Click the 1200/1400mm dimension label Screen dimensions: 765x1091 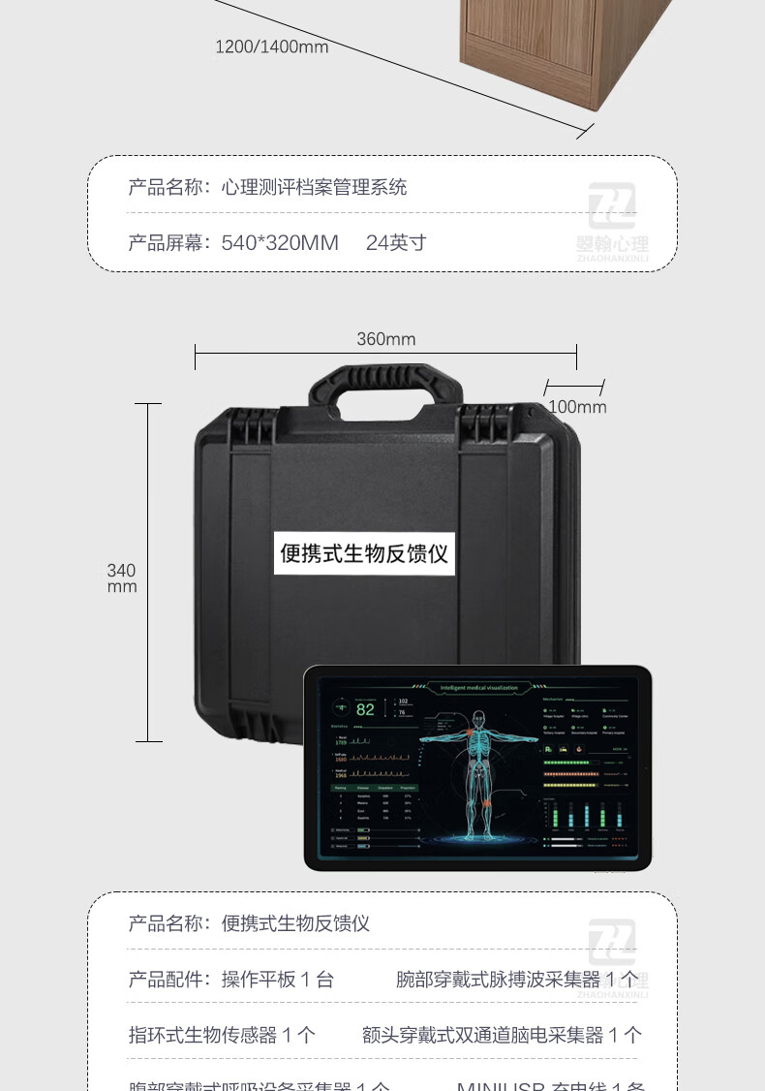click(x=271, y=47)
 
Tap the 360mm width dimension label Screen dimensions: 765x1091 click(x=385, y=339)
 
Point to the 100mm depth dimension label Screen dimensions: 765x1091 click(x=577, y=407)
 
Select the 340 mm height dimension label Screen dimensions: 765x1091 click(x=122, y=578)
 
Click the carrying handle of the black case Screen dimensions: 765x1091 click(x=371, y=387)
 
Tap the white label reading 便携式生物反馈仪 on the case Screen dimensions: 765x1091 click(x=364, y=553)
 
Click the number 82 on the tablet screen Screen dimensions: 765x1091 click(x=365, y=709)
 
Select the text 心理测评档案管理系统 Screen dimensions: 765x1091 click(x=315, y=187)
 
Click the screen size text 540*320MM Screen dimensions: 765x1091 click(x=280, y=242)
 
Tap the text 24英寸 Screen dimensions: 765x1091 click(x=396, y=242)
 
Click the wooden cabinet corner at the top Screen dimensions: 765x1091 click(x=542, y=58)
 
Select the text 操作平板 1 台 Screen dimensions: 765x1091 click(x=278, y=980)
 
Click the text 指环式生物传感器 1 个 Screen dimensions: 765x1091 click(x=222, y=1035)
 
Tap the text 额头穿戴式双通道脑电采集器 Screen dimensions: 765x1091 click(x=482, y=1035)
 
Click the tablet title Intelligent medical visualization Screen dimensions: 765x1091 click(x=478, y=688)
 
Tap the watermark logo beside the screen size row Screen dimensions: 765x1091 click(x=612, y=218)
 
